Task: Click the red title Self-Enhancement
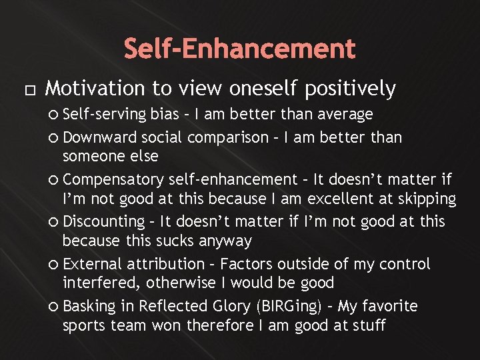(240, 49)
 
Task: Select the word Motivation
(93, 89)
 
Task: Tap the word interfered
(100, 283)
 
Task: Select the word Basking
(89, 307)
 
